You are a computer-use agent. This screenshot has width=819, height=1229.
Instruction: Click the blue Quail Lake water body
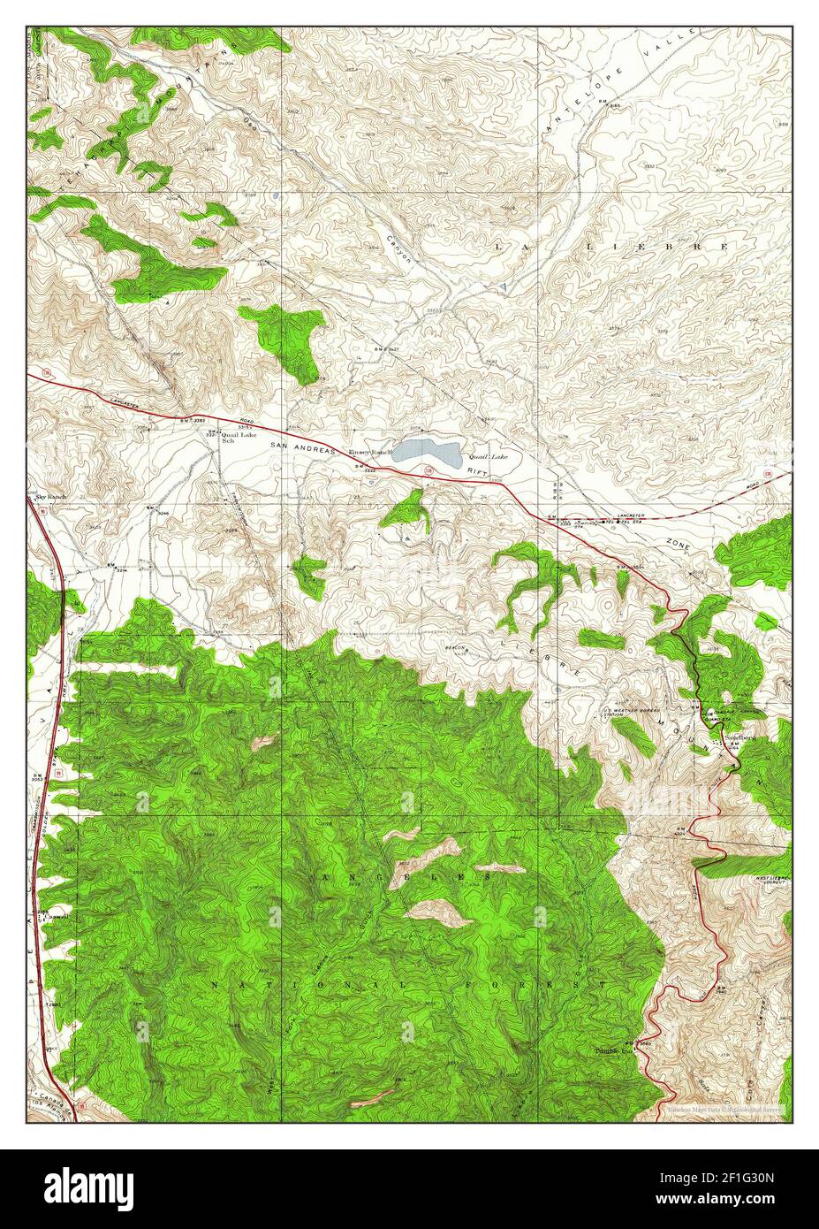427,454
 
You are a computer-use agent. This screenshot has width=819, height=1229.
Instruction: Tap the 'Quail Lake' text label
489,456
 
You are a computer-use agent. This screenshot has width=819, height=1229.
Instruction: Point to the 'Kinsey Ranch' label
369,453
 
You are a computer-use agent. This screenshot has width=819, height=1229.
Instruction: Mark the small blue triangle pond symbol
502,288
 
